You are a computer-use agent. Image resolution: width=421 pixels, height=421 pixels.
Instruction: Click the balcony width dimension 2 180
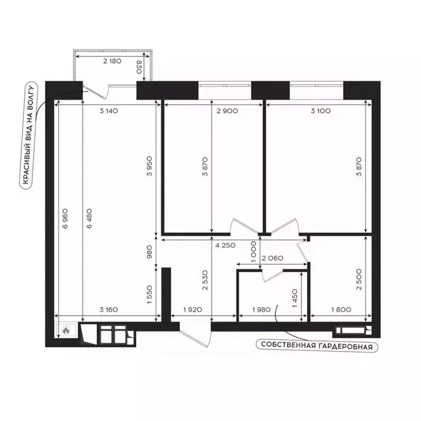(112, 61)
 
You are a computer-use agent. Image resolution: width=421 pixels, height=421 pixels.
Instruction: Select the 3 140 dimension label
(109, 110)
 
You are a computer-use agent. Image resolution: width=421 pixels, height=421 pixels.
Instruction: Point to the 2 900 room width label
(227, 110)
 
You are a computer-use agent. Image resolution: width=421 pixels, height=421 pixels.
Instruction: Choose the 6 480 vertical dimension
(86, 218)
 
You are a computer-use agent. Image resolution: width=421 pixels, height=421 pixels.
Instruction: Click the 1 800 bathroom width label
(341, 310)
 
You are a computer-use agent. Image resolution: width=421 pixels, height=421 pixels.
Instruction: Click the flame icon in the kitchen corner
(66, 331)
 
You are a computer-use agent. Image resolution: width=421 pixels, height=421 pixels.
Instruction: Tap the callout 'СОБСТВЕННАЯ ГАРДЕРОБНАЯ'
(317, 346)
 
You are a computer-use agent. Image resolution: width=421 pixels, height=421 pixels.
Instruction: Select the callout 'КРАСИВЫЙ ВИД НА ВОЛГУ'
(28, 136)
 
